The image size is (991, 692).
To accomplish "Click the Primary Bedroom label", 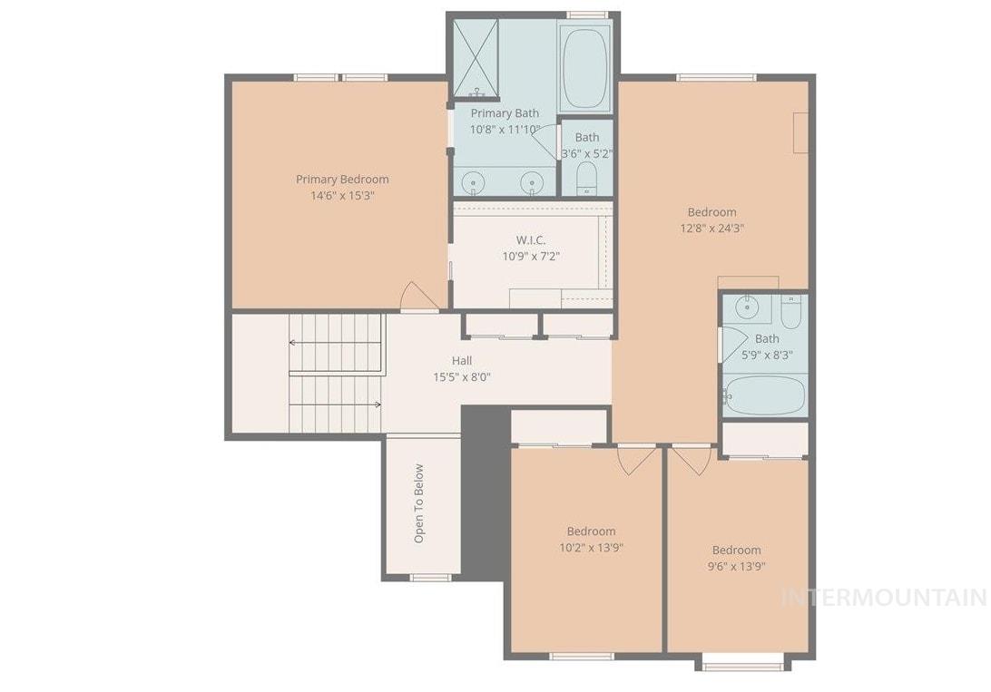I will click(342, 179).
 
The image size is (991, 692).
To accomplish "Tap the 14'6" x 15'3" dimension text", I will click(342, 195).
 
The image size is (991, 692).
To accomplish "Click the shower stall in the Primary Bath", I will click(476, 58).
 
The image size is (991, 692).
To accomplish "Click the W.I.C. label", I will click(531, 239).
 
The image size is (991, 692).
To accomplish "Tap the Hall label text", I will click(462, 361).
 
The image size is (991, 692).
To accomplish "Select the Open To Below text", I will click(418, 503).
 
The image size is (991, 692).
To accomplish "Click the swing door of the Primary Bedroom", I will click(418, 297).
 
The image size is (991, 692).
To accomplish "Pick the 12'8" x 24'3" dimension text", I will click(711, 229).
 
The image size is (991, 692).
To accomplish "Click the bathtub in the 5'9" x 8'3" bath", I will click(764, 395).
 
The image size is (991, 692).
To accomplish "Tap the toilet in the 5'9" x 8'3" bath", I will click(791, 313).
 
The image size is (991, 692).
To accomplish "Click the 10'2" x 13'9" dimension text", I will click(591, 548).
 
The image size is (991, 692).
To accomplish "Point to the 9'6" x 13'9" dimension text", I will click(736, 566).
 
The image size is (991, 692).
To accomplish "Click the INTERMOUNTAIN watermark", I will click(883, 598).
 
